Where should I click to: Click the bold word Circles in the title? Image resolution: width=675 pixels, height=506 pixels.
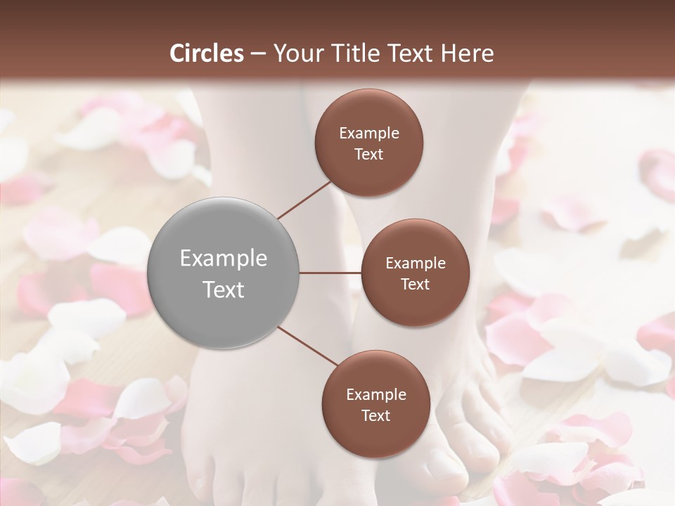(207, 53)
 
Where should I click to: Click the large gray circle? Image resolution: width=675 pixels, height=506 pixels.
(224, 273)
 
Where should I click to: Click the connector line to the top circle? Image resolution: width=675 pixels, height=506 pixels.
(305, 199)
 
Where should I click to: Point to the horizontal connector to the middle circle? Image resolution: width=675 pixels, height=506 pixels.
(330, 273)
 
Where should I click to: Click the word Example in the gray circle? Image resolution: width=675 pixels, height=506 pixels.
(224, 258)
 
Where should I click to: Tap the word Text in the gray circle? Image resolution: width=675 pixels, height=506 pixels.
(224, 289)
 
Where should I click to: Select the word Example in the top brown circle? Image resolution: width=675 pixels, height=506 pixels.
(369, 134)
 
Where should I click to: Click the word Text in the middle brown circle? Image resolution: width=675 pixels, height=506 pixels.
(415, 284)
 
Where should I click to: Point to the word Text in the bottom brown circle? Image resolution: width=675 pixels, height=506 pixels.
(375, 415)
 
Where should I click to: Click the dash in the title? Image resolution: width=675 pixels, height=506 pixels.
(257, 53)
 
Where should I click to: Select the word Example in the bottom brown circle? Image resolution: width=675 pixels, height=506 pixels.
(375, 394)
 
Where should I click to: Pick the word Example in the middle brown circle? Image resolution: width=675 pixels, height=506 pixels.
(415, 263)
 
